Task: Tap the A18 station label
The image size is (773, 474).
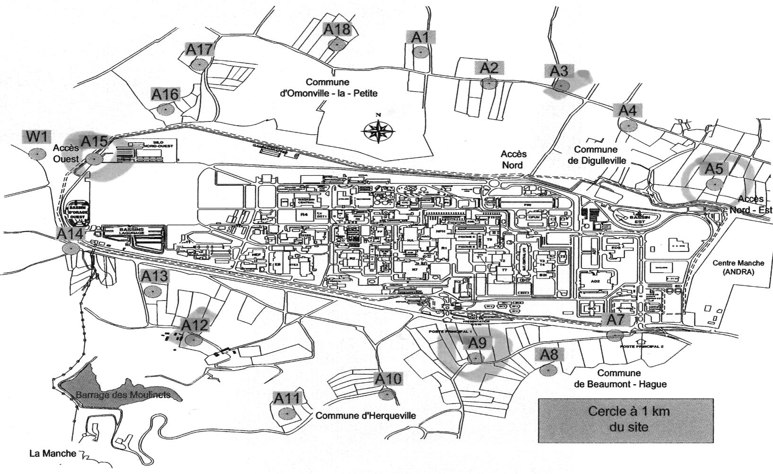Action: (337, 29)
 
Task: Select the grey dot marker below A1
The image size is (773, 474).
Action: (420, 52)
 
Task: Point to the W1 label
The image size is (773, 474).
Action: (37, 137)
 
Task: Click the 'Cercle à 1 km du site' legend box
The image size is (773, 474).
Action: (625, 420)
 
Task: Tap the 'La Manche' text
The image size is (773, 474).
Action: (52, 454)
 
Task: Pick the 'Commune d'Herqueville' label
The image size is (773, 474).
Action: (365, 416)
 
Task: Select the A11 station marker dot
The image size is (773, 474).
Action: (286, 414)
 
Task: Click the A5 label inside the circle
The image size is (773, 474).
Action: (714, 169)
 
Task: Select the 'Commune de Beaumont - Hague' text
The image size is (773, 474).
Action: (620, 379)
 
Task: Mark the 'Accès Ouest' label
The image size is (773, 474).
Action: (66, 153)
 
